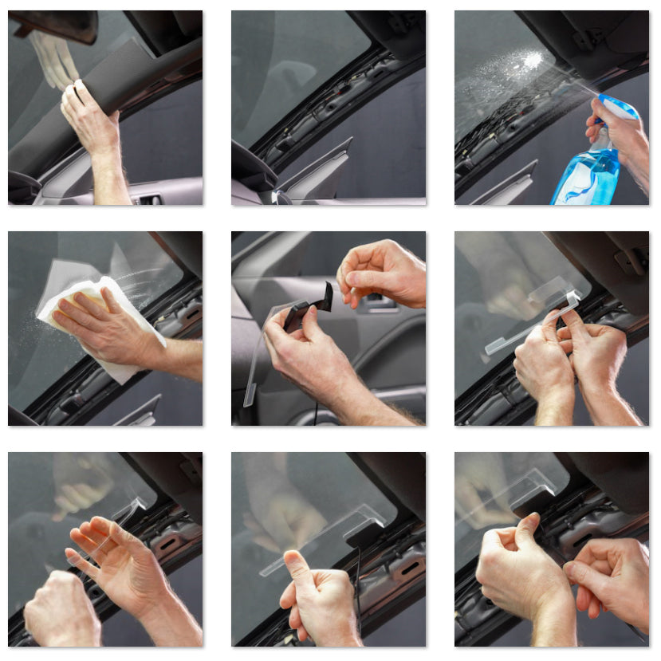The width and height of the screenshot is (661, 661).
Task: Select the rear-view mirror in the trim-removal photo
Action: tap(56, 26)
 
